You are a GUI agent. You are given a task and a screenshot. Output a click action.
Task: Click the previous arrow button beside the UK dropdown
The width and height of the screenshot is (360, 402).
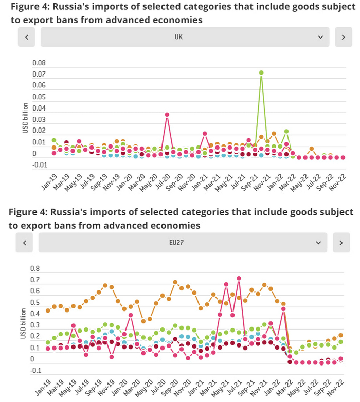pos(26,38)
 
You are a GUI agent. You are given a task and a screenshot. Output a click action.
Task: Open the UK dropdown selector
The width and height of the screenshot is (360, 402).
pos(184,38)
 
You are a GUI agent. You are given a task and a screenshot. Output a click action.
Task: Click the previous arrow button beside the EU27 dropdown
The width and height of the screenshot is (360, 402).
pos(25,242)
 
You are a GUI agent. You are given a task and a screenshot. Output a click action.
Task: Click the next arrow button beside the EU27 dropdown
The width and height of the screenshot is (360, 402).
pos(340,242)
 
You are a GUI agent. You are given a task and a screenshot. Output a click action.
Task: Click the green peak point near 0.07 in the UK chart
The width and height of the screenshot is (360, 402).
pos(261,73)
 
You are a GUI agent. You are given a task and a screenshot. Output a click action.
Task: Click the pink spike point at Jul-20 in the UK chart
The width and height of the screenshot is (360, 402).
pos(167,114)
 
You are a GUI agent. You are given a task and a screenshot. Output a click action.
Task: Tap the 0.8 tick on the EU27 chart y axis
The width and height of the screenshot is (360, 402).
pos(35,268)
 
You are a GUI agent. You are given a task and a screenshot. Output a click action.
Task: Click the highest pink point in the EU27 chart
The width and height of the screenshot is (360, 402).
pos(239,278)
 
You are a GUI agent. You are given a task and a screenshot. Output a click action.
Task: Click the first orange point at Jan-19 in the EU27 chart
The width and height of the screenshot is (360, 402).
pos(48,310)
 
